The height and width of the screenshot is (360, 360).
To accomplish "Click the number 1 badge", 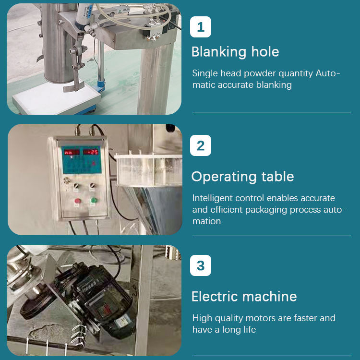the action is pos(201,27).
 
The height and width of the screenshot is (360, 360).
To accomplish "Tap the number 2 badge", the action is pos(201,145).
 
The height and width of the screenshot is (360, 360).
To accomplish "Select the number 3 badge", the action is pos(201,265).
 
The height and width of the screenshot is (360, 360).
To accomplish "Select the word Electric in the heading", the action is pos(215,296).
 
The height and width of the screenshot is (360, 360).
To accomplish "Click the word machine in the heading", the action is pos(270,296).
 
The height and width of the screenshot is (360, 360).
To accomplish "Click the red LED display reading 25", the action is pos(91,152).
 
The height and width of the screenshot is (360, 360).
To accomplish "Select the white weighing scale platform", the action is pos(57,97).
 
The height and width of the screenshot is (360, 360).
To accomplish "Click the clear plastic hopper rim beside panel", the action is pos(148,157).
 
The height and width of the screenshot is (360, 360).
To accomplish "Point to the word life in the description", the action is pos(250,329).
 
